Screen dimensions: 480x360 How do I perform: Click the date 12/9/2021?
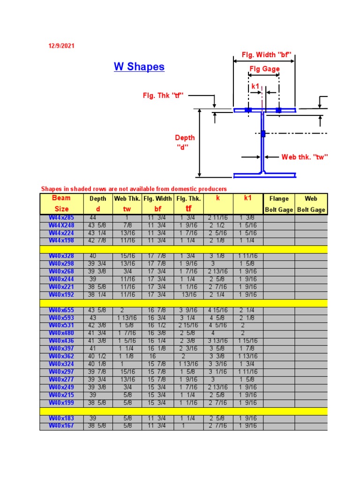click(x=61, y=46)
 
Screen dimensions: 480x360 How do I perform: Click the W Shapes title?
click(x=139, y=67)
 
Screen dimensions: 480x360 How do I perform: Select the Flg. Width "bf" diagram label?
click(x=267, y=55)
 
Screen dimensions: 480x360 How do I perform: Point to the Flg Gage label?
click(x=264, y=69)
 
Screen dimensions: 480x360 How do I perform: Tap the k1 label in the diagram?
click(x=255, y=86)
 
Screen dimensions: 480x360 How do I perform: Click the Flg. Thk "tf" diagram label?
click(x=163, y=96)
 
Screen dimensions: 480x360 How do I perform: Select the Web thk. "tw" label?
click(x=304, y=157)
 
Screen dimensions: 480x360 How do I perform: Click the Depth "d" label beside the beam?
click(x=185, y=142)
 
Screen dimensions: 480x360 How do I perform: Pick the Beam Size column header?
click(x=61, y=203)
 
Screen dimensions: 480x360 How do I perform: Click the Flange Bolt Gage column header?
click(x=279, y=204)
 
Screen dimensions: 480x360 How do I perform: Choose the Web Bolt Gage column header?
click(x=311, y=204)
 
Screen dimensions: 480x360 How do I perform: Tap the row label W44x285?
click(x=61, y=217)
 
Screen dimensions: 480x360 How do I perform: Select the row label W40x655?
click(x=61, y=310)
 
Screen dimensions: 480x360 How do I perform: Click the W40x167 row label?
click(x=61, y=426)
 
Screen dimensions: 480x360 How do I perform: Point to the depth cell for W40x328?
click(x=98, y=256)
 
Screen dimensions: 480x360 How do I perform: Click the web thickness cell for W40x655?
click(x=127, y=310)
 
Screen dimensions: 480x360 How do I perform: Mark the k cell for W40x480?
click(x=218, y=333)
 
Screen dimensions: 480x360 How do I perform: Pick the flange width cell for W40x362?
click(x=157, y=356)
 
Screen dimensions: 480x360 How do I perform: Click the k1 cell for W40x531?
click(x=248, y=325)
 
